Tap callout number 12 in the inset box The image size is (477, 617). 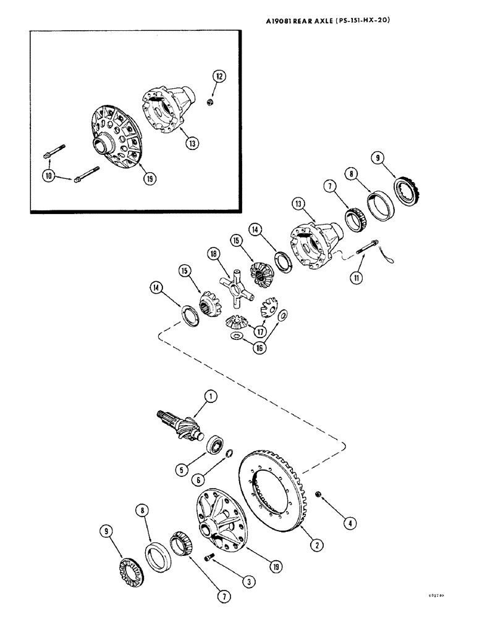[x=219, y=77]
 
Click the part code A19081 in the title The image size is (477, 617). [x=282, y=19]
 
